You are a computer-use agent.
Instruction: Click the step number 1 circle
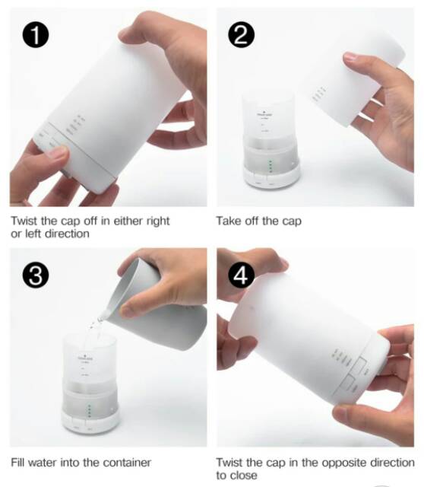click(33, 34)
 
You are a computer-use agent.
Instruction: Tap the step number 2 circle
click(242, 34)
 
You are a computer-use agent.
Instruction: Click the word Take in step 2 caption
click(229, 221)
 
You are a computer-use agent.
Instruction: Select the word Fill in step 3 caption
click(18, 462)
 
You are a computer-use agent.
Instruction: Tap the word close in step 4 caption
click(244, 476)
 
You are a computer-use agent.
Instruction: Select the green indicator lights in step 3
click(90, 411)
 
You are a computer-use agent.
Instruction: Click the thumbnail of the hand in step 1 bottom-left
click(42, 171)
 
